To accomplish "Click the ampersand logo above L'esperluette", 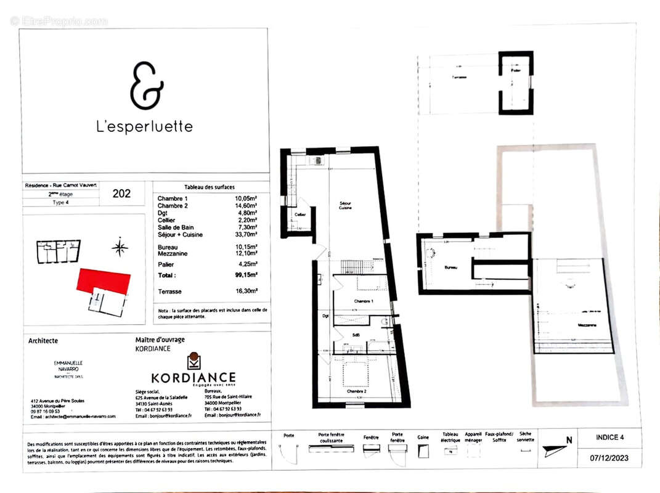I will pyautogui.click(x=146, y=86).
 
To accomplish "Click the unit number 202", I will pyautogui.click(x=122, y=194).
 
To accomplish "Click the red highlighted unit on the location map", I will pyautogui.click(x=104, y=281).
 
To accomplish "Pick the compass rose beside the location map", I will pyautogui.click(x=120, y=248).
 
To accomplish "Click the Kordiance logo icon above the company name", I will pyautogui.click(x=194, y=361).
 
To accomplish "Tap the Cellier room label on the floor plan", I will pyautogui.click(x=299, y=214).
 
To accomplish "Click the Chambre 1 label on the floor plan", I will pyautogui.click(x=362, y=300).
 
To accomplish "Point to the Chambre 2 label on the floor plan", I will pyautogui.click(x=356, y=391).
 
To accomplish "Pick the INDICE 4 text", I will pyautogui.click(x=609, y=437).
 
